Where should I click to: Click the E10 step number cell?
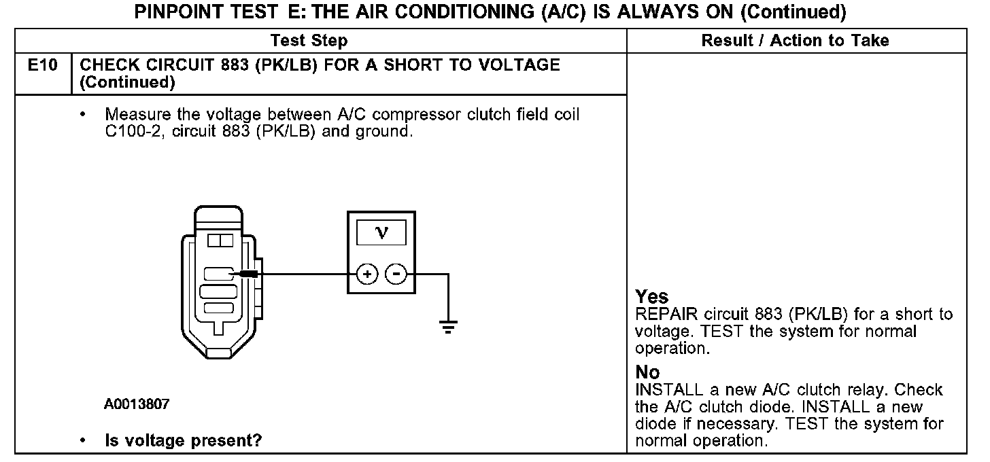pos(41,66)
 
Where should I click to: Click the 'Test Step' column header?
pos(309,41)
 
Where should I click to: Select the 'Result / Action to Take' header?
pos(795,41)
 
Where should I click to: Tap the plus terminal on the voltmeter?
pos(367,274)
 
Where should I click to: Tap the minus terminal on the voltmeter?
pos(396,274)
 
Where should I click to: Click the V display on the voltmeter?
pos(381,232)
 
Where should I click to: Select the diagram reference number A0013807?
pos(137,405)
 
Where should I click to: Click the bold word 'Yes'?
pos(651,297)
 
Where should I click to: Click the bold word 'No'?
pos(647,372)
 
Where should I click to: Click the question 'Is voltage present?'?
pos(183,440)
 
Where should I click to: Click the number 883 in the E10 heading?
pos(218,65)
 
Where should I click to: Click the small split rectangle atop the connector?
pos(220,241)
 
